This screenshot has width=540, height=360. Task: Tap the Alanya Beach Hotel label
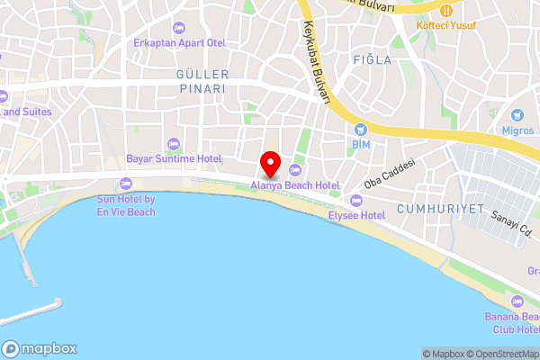point(295,184)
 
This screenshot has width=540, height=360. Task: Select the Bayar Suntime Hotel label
point(174,158)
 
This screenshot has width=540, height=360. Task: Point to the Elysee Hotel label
point(356,215)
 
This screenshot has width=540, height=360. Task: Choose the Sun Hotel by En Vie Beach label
point(126,205)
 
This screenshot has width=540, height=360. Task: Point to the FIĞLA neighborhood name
point(373,60)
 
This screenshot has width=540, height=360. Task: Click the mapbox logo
point(40,348)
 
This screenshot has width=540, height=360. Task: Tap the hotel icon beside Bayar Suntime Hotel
point(174,143)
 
